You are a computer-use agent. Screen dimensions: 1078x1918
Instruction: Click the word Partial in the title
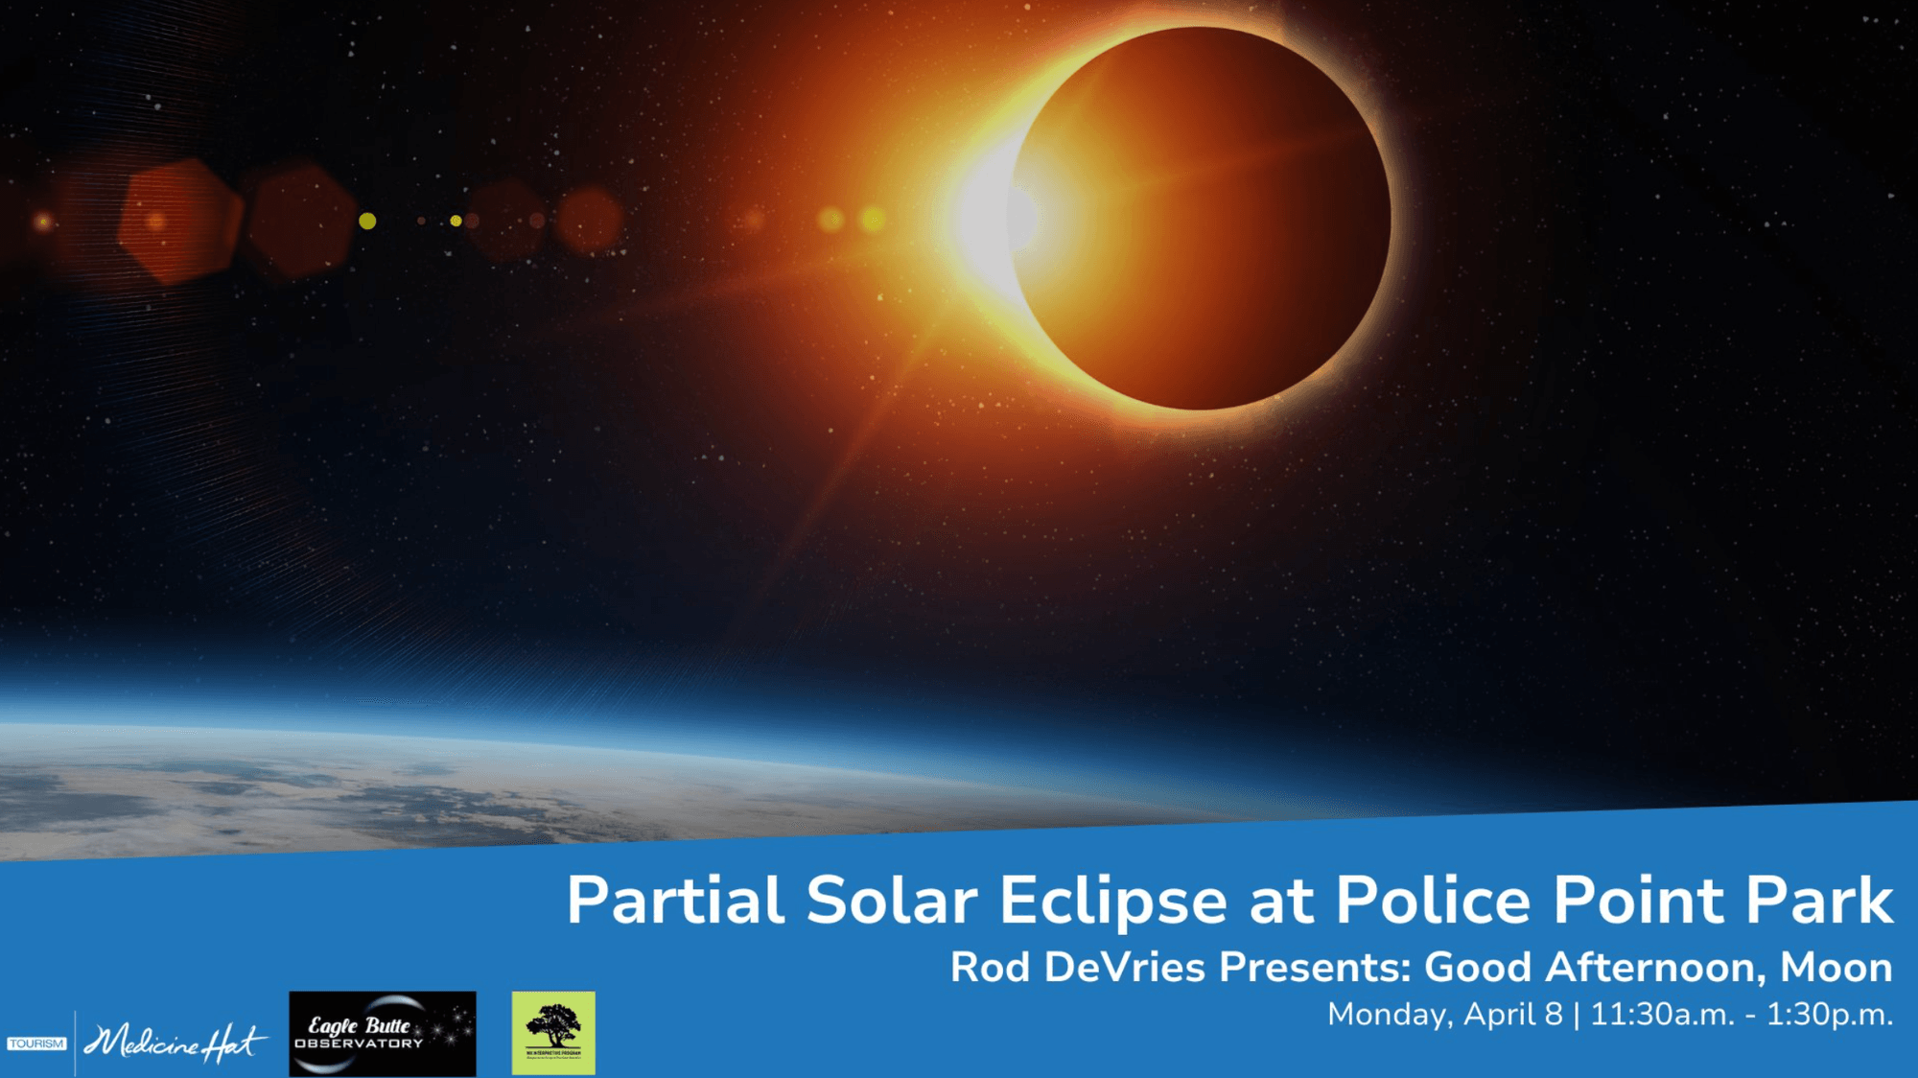pyautogui.click(x=675, y=901)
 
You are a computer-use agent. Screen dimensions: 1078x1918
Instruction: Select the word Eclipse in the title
pyautogui.click(x=1112, y=901)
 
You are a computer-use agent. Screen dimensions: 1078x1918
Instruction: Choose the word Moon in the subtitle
pyautogui.click(x=1836, y=967)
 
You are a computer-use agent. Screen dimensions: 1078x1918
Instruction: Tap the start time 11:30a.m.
pyautogui.click(x=1662, y=1015)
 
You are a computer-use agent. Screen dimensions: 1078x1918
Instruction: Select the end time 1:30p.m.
pyautogui.click(x=1829, y=1015)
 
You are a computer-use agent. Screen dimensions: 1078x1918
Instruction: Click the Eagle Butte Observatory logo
pyautogui.click(x=382, y=1033)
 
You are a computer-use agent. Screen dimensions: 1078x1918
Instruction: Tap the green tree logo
pyautogui.click(x=553, y=1032)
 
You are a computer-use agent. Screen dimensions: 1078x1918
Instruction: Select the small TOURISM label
pyautogui.click(x=36, y=1043)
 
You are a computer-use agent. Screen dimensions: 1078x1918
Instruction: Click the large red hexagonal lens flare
pyautogui.click(x=178, y=222)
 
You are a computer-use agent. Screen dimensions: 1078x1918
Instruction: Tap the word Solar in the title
pyautogui.click(x=891, y=901)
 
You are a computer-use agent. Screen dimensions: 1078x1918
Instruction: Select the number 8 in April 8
pyautogui.click(x=1553, y=1015)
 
